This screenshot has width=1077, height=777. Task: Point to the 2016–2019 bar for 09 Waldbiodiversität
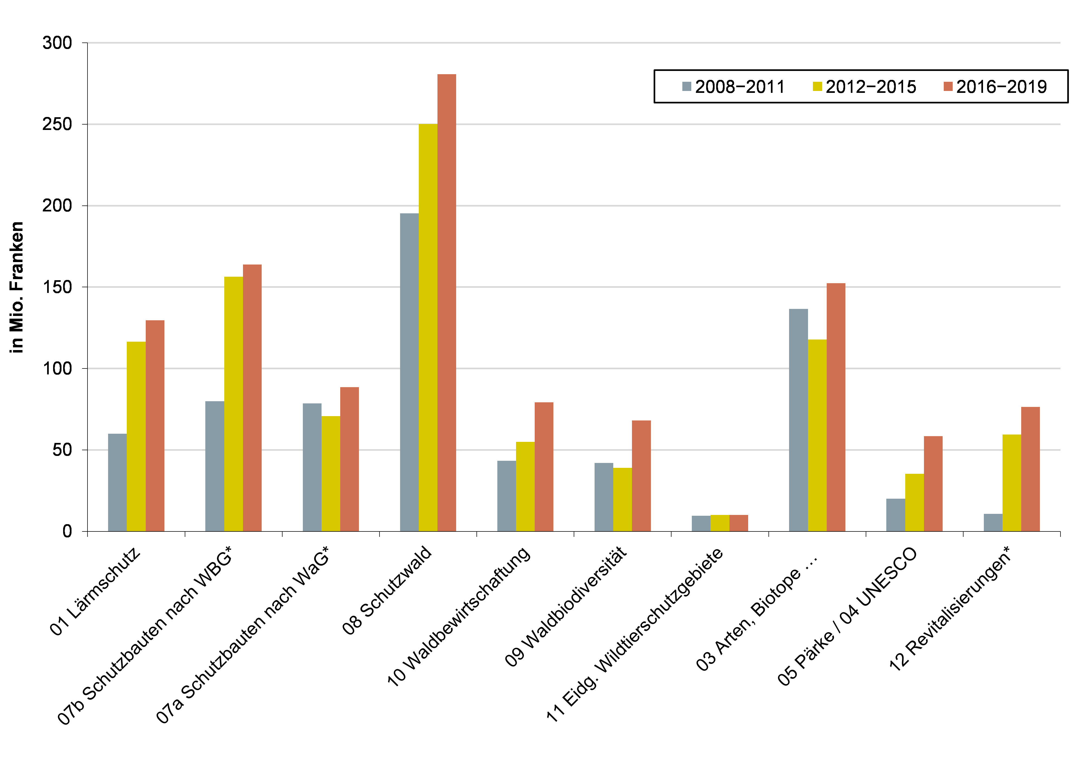coord(641,476)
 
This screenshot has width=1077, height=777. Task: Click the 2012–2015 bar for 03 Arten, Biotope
coord(817,435)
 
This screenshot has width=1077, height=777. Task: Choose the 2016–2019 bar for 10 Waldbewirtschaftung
coord(544,466)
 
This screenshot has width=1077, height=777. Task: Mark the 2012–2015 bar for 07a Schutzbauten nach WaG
coord(330,474)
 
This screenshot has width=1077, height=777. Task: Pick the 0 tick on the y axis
coord(67,531)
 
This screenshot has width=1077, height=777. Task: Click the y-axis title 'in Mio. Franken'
coord(17,287)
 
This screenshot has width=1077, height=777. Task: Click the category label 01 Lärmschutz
coord(95,591)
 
